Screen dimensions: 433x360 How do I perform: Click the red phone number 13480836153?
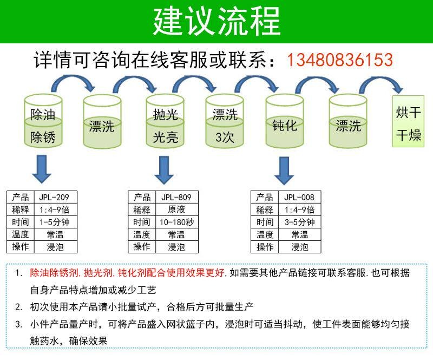340,60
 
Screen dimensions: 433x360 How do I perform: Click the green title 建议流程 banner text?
217,22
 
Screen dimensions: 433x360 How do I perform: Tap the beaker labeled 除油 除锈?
43,121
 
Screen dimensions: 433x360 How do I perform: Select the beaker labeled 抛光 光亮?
165,121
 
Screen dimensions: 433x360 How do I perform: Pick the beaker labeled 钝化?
285,121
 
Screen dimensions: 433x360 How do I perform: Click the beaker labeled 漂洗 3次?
225,121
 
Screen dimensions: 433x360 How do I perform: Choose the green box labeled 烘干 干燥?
408,121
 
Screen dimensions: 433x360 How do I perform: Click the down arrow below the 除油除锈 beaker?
42,169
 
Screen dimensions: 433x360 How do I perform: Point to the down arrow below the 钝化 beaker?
284,171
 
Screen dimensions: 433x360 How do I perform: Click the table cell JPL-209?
56,197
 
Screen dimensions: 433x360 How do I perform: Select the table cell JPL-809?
177,197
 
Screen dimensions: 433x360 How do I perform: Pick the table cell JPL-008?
300,197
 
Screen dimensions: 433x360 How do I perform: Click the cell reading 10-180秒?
177,222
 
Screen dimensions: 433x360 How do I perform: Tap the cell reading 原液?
177,210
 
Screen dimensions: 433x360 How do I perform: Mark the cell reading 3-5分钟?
300,222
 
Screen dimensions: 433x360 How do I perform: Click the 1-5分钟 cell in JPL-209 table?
56,222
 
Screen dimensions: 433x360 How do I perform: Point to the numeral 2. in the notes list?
18,307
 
